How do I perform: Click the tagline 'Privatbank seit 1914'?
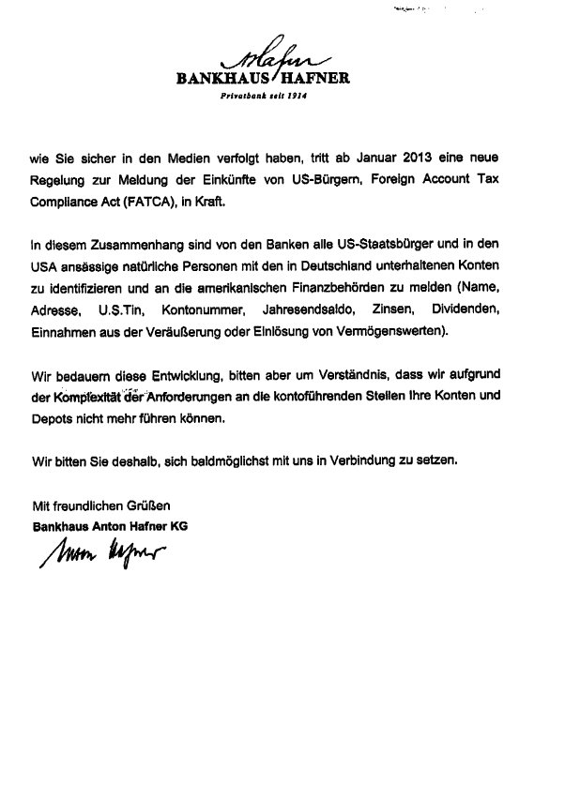[x=264, y=97]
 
